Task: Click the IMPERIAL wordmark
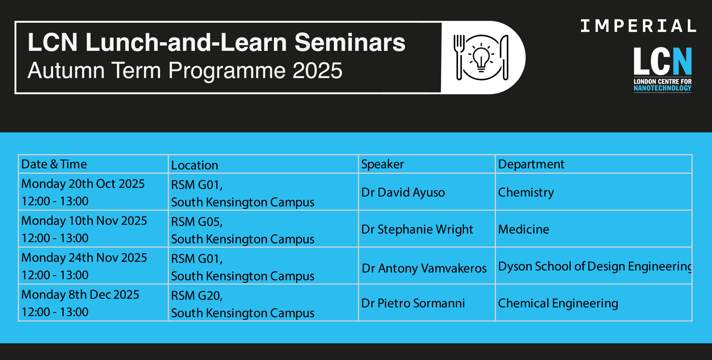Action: tap(638, 26)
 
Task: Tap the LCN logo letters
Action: tap(663, 61)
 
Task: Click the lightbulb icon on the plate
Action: tap(481, 57)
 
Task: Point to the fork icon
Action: tap(459, 57)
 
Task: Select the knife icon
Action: tap(505, 57)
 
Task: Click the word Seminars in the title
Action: tap(350, 42)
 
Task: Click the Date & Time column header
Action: tap(54, 164)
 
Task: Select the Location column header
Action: tap(194, 165)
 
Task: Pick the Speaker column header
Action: tap(383, 165)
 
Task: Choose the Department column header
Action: tap(531, 164)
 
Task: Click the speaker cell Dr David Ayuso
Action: tap(403, 192)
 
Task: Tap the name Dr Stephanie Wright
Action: tap(417, 229)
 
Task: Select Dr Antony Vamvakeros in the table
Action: tap(424, 268)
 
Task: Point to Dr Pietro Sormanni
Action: tap(413, 303)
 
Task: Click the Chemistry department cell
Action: tap(526, 193)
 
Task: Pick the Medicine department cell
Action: tap(524, 229)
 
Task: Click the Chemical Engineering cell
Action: tap(558, 303)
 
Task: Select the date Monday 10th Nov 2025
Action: tap(84, 220)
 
